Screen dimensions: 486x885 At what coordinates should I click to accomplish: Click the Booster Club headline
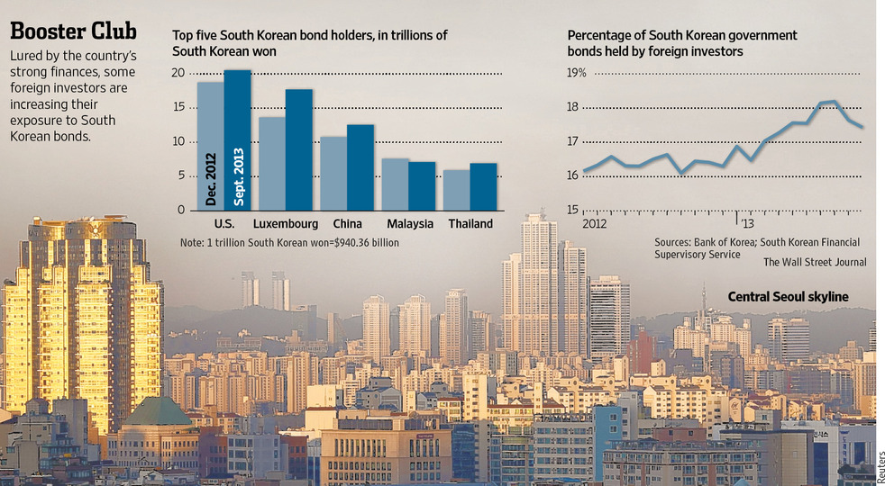click(73, 32)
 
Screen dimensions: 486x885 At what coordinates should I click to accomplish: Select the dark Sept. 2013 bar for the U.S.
click(237, 139)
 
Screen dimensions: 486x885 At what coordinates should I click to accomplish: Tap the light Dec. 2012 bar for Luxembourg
click(271, 163)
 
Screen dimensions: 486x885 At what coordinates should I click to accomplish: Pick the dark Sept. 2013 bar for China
click(360, 166)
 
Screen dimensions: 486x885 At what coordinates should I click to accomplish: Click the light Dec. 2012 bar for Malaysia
click(395, 184)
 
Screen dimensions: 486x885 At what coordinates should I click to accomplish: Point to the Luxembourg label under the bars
click(286, 224)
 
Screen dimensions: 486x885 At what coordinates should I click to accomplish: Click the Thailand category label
click(470, 224)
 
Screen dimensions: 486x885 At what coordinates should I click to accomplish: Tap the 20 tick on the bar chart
click(178, 73)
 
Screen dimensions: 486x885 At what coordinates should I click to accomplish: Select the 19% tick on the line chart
click(575, 72)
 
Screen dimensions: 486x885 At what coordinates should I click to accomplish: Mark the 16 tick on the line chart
click(574, 175)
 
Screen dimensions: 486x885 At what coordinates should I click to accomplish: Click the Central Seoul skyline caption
click(788, 297)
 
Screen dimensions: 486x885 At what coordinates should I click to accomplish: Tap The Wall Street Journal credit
click(815, 262)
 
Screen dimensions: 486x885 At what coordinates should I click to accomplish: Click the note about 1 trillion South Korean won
click(289, 243)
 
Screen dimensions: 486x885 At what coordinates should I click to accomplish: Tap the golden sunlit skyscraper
click(86, 306)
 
